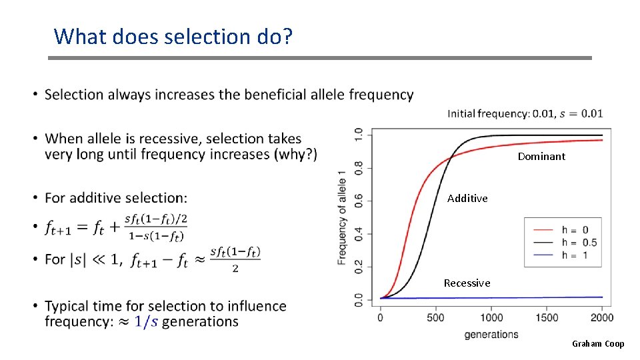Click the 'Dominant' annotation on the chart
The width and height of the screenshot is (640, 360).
pyautogui.click(x=541, y=157)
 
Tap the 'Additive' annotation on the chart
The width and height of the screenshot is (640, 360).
pyautogui.click(x=467, y=199)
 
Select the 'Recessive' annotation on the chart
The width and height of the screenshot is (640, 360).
pyautogui.click(x=467, y=283)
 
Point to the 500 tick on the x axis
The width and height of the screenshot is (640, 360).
pyautogui.click(x=435, y=317)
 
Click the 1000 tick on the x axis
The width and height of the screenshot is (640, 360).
pyautogui.click(x=491, y=317)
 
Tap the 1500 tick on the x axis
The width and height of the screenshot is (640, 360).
pyautogui.click(x=547, y=317)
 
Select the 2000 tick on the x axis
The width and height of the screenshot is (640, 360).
pyautogui.click(x=602, y=317)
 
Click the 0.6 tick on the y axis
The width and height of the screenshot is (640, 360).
pyautogui.click(x=359, y=200)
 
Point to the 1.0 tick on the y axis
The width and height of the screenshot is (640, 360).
pyautogui.click(x=359, y=134)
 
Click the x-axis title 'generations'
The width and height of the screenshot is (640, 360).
pyautogui.click(x=491, y=334)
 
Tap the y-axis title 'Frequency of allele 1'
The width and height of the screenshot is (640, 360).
pyautogui.click(x=342, y=217)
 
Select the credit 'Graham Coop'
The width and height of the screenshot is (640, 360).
pyautogui.click(x=598, y=344)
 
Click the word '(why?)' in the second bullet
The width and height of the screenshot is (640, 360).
pyautogui.click(x=295, y=155)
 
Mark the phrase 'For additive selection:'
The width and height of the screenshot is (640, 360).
pyautogui.click(x=116, y=198)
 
